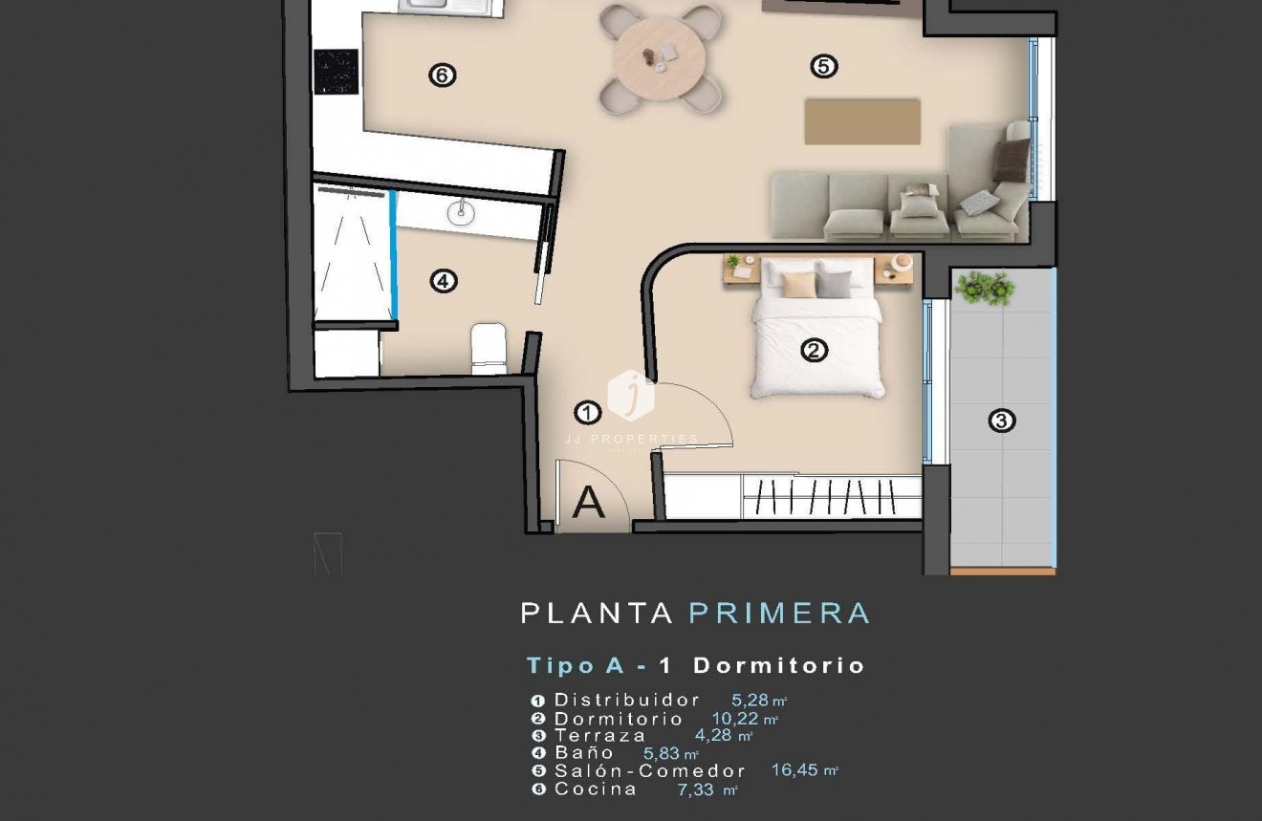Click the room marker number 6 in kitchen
(x=442, y=75)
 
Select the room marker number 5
(x=823, y=66)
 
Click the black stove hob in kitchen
(x=336, y=72)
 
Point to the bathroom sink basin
(x=460, y=211)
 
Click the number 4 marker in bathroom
(x=444, y=281)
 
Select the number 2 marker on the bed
(x=813, y=351)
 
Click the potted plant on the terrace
(x=985, y=287)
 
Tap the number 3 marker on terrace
(x=1001, y=420)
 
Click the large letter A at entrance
(x=588, y=503)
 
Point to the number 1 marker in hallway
(x=587, y=413)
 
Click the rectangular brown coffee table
(x=862, y=121)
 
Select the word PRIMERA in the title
(x=779, y=613)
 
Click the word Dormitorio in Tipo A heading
(x=779, y=665)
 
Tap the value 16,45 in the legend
(x=795, y=769)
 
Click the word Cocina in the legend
(x=596, y=789)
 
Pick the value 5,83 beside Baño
(x=661, y=753)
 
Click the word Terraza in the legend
(x=599, y=735)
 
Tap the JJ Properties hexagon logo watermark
(x=631, y=395)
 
